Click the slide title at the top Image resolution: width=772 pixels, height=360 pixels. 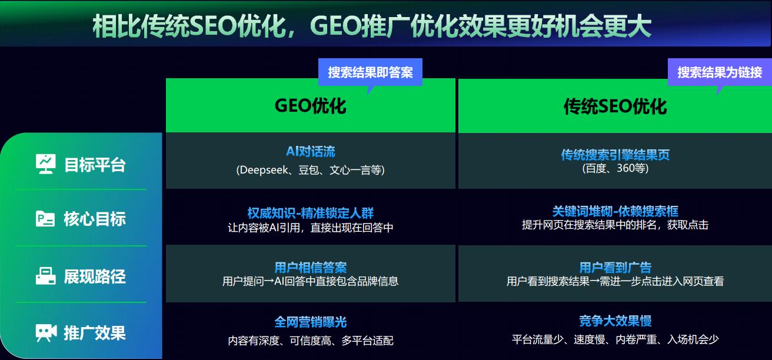[371, 26]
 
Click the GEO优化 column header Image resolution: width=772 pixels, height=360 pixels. [310, 106]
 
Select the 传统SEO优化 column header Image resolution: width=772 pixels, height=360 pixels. [615, 106]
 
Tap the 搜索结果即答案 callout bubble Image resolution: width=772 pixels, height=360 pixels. [370, 72]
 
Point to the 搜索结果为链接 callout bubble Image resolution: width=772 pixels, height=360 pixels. [719, 72]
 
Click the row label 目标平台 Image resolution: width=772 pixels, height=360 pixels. [95, 165]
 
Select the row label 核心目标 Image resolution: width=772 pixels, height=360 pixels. [95, 219]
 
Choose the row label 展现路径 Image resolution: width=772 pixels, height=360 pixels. [95, 276]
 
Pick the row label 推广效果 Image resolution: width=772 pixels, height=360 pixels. [95, 333]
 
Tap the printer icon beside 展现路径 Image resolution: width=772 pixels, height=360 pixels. [46, 276]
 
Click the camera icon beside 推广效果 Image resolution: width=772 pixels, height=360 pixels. [46, 333]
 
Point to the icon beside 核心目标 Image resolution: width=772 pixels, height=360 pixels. [46, 219]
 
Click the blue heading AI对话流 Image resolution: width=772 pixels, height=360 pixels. [310, 152]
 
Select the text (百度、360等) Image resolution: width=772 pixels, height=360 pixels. [615, 169]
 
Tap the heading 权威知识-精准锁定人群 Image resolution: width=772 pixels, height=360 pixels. [310, 213]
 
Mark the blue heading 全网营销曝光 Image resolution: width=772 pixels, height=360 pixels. [310, 322]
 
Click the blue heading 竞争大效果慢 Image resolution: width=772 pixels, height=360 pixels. [615, 321]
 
